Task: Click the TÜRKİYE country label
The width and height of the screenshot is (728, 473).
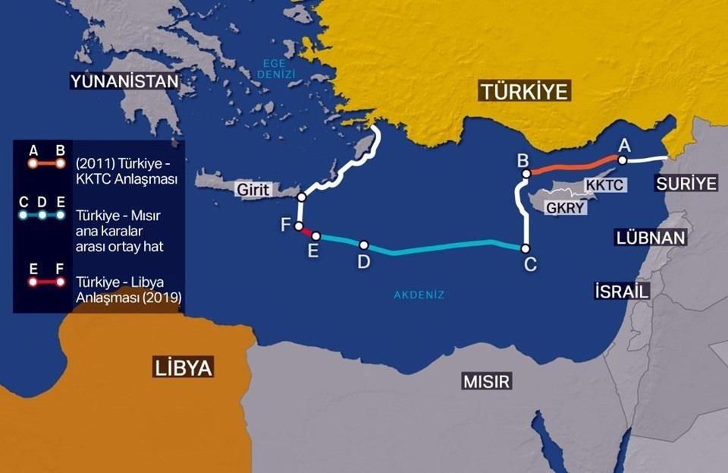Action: click(x=524, y=93)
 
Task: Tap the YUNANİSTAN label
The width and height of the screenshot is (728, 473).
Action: click(x=124, y=80)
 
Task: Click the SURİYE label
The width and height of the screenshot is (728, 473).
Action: click(x=687, y=183)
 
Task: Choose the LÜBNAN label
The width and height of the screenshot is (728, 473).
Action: click(x=651, y=238)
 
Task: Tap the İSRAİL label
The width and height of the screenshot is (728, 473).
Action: click(x=623, y=291)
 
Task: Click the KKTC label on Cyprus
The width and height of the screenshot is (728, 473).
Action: click(x=604, y=184)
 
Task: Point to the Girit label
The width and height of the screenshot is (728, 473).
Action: click(x=252, y=191)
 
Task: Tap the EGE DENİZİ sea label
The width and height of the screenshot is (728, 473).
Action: click(x=278, y=69)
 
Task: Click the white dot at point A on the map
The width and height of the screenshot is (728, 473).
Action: click(x=622, y=160)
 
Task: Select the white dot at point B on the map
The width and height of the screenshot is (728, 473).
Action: click(x=525, y=175)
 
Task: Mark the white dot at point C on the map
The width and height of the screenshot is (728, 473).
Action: click(x=525, y=248)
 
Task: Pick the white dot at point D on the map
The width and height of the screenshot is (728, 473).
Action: click(x=364, y=245)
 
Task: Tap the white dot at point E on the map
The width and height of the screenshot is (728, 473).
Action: click(x=316, y=236)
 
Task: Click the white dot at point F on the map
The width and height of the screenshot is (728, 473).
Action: click(x=300, y=225)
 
